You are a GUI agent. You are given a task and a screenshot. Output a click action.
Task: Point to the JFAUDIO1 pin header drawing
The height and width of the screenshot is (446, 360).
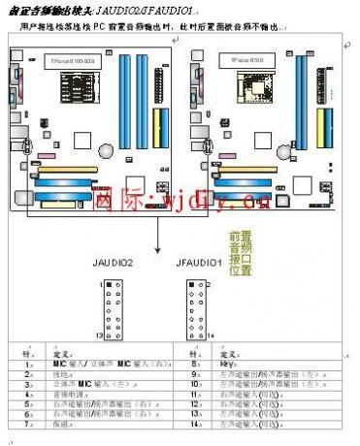pyautogui.click(x=199, y=308)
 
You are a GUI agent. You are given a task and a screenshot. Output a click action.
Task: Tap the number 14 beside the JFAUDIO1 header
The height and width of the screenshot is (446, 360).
pyautogui.click(x=214, y=334)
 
